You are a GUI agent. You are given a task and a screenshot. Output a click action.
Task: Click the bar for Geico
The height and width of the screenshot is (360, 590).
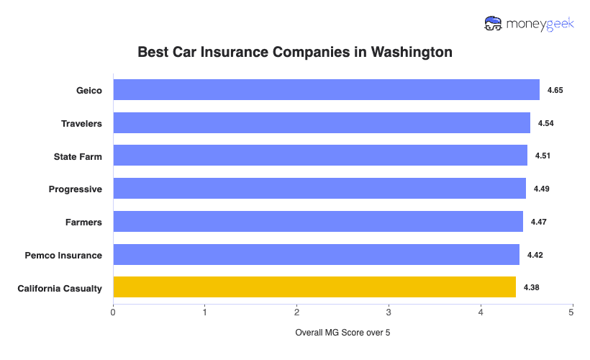pyautogui.click(x=326, y=90)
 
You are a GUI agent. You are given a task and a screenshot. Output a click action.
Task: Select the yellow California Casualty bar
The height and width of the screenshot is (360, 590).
pyautogui.click(x=314, y=287)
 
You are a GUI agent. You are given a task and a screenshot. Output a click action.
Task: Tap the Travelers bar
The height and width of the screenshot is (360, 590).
pyautogui.click(x=322, y=123)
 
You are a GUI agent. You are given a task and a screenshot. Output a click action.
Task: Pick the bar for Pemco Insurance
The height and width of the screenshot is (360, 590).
pyautogui.click(x=316, y=255)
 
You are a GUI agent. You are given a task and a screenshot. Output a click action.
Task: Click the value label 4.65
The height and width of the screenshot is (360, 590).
pyautogui.click(x=555, y=90)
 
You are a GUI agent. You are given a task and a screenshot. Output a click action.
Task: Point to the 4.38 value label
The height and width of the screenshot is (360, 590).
pyautogui.click(x=532, y=287)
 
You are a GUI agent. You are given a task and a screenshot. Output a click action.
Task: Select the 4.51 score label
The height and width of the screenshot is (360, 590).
pyautogui.click(x=543, y=156)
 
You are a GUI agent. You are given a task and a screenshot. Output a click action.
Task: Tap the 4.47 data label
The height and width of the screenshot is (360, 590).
pyautogui.click(x=539, y=222)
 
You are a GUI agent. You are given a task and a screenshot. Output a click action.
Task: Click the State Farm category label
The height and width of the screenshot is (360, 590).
pyautogui.click(x=78, y=156)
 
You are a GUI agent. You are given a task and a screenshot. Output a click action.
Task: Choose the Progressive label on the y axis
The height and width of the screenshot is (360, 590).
pyautogui.click(x=76, y=189)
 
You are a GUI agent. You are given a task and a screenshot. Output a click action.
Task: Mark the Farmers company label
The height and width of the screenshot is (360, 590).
pyautogui.click(x=83, y=222)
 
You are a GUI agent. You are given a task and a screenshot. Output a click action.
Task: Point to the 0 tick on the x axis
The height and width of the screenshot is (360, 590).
pyautogui.click(x=113, y=312)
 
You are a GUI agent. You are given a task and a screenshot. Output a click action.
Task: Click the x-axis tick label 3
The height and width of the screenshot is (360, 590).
pyautogui.click(x=389, y=312)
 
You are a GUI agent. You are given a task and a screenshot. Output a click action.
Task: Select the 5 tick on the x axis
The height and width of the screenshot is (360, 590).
pyautogui.click(x=572, y=312)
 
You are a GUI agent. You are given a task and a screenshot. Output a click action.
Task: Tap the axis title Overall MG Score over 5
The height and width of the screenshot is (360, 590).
pyautogui.click(x=342, y=333)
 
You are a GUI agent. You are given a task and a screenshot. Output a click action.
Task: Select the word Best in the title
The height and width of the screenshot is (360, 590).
pyautogui.click(x=152, y=53)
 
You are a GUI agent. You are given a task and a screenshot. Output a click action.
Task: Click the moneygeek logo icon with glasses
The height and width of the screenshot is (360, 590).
pyautogui.click(x=494, y=24)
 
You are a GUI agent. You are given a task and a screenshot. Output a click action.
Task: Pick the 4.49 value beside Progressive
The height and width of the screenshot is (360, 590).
pyautogui.click(x=541, y=189)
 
